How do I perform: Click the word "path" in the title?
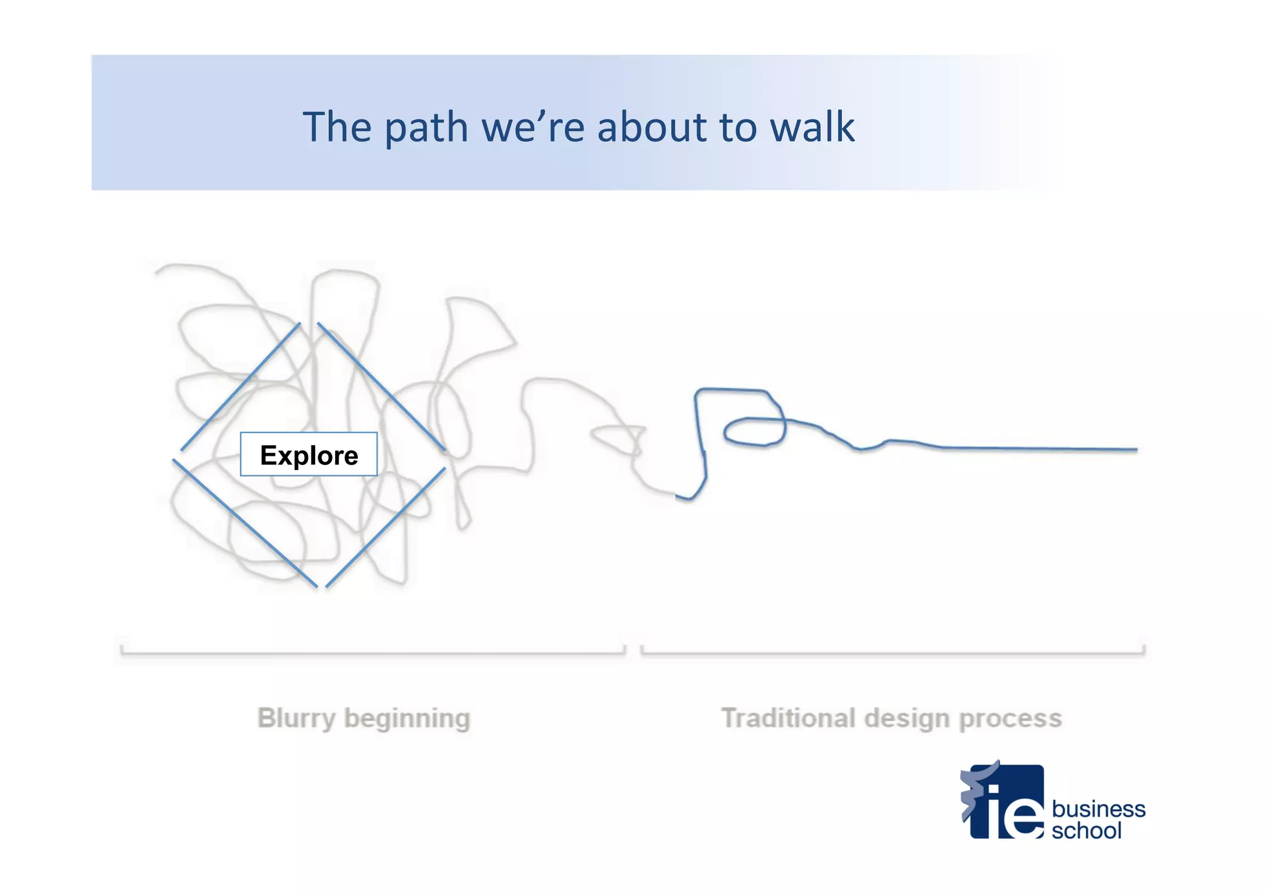(x=426, y=128)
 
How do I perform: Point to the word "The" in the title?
(x=337, y=127)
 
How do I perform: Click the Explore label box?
(x=308, y=454)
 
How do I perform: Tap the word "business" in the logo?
(x=1098, y=808)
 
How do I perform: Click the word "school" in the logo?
(x=1086, y=830)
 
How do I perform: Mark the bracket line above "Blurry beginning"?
(x=373, y=653)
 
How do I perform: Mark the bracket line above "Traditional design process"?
(x=893, y=653)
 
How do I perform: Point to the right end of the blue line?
(x=1135, y=450)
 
